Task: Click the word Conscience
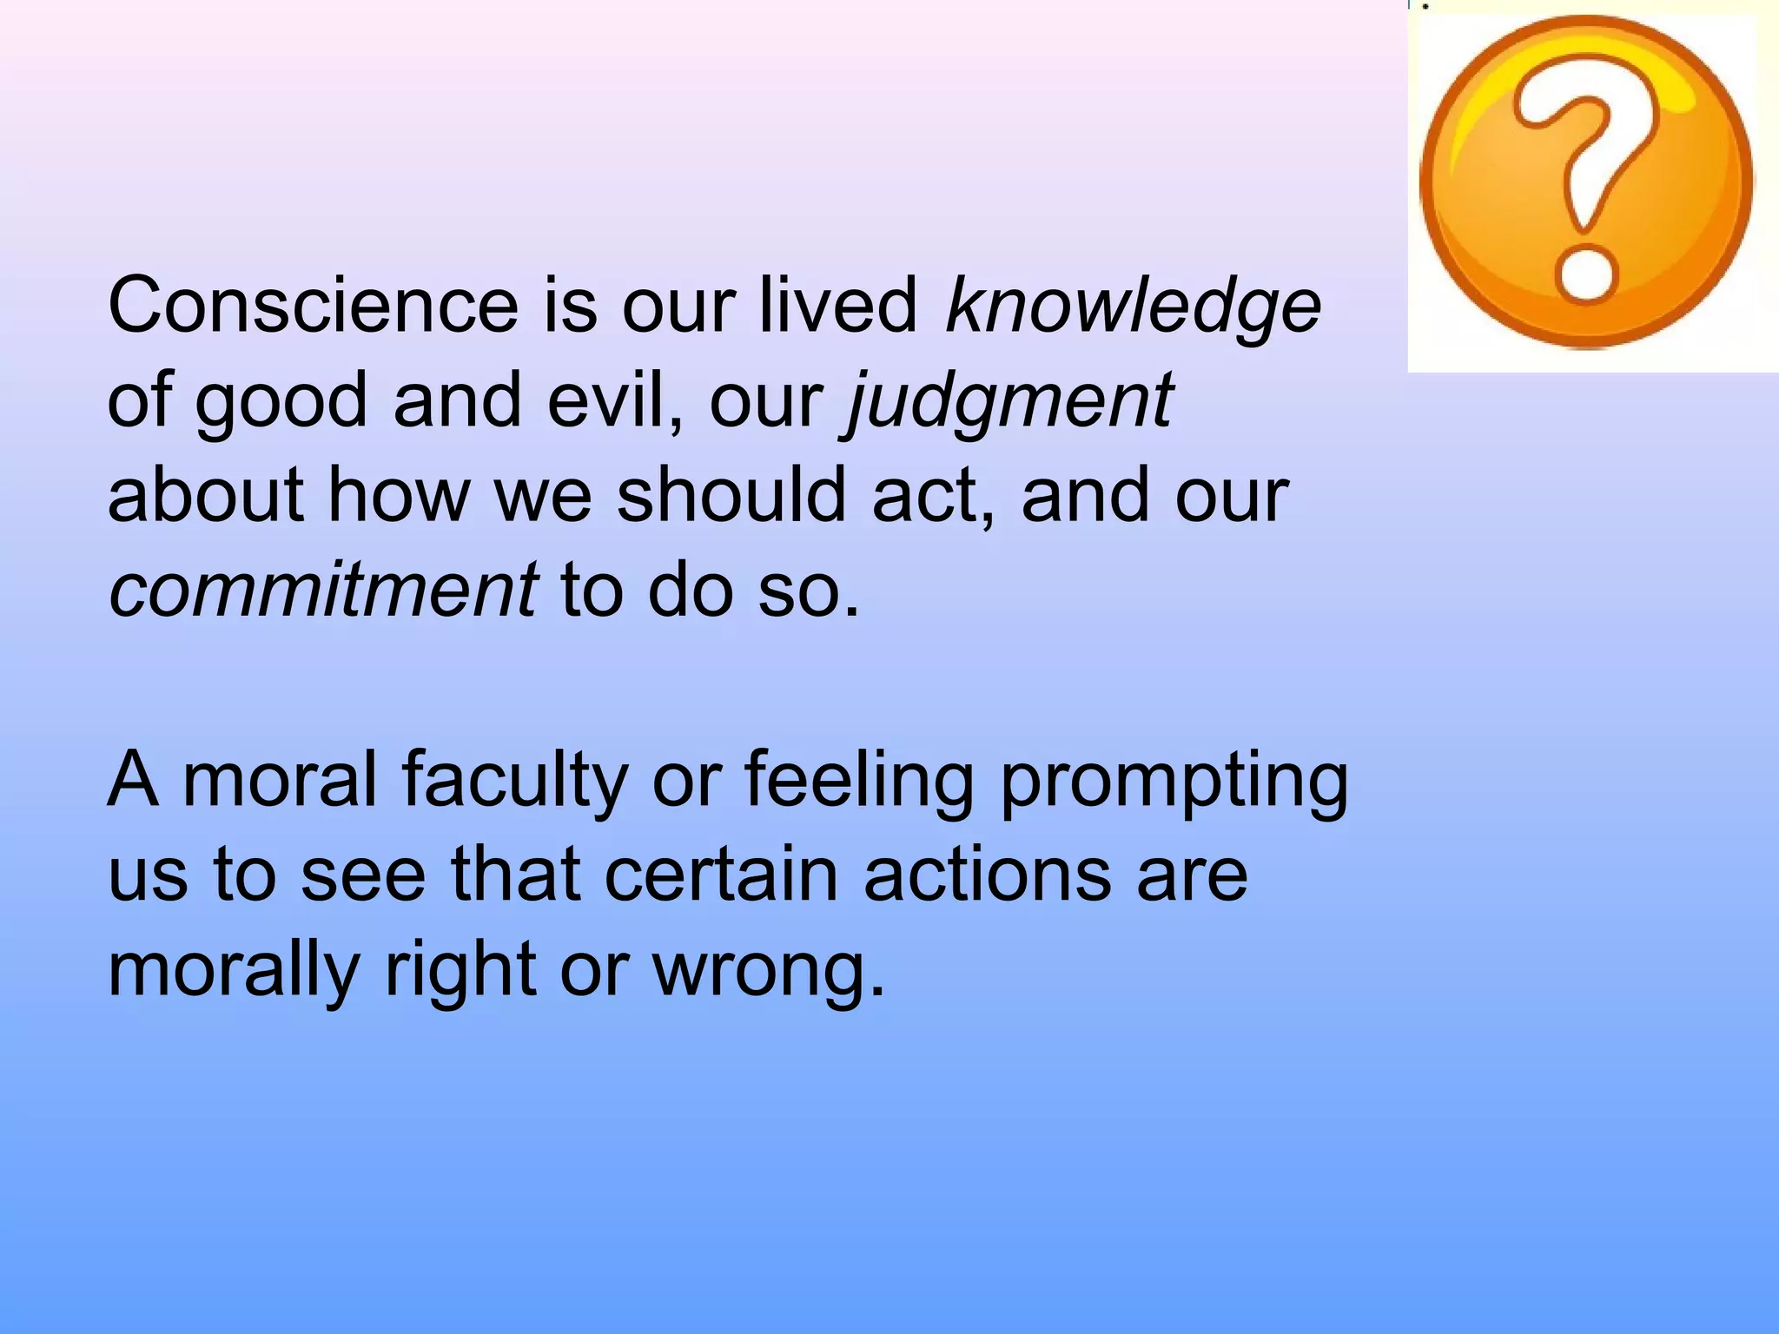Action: tap(314, 305)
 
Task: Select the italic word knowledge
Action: tap(1133, 307)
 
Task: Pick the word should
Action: tap(731, 495)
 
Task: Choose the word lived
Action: tap(838, 305)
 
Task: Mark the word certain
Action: tap(721, 874)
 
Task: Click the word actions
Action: tap(987, 874)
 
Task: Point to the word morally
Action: tap(234, 971)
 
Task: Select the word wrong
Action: tap(768, 971)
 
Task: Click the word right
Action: tap(460, 971)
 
